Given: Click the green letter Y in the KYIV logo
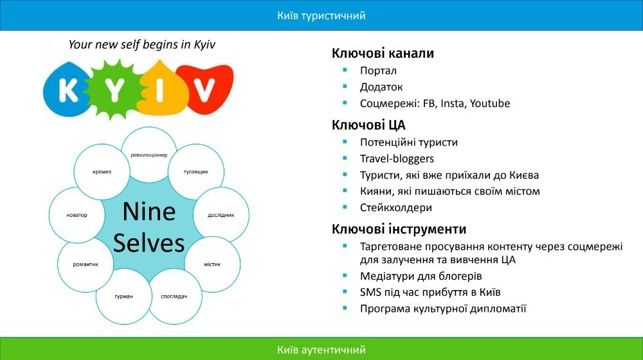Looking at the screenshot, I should coord(118,90).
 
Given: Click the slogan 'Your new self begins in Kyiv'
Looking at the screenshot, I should coord(141,45).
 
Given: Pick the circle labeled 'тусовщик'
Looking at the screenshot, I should coord(196,172).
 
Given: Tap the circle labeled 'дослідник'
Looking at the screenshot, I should coord(219,214).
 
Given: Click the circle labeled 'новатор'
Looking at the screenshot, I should coord(77,215).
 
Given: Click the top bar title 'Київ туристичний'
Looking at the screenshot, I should coord(321,15).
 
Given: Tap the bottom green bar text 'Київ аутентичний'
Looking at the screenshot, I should coord(321,349).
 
